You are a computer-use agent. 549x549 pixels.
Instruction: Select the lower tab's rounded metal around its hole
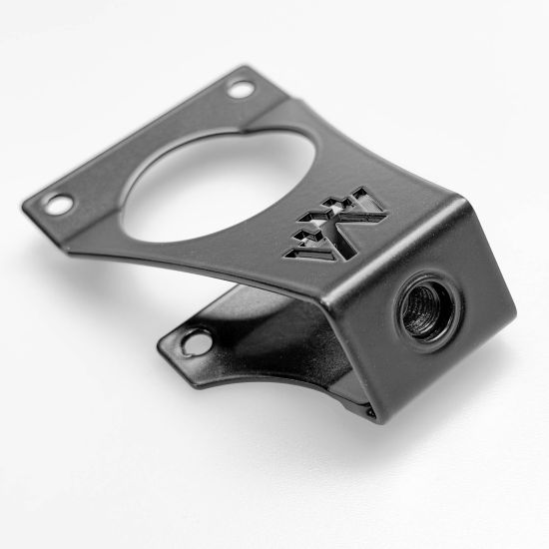(x=180, y=344)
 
